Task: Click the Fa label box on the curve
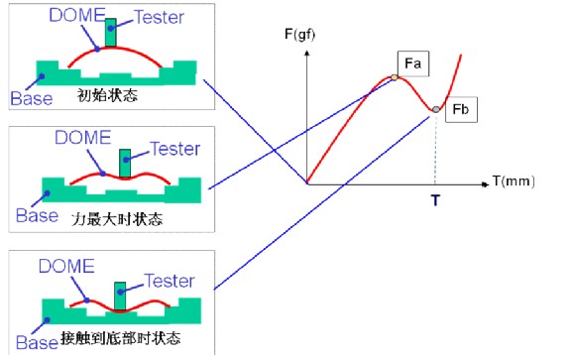point(412,64)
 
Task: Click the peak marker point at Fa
point(395,76)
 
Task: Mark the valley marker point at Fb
point(435,108)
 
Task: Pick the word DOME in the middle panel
point(79,140)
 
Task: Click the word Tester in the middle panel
point(174,149)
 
